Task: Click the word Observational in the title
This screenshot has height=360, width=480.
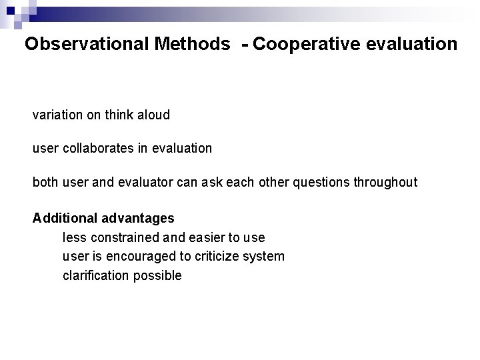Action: tap(87, 45)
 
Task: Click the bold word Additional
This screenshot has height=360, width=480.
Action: tap(66, 218)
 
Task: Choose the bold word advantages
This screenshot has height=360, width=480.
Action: tap(139, 218)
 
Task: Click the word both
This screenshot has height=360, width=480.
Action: tap(45, 183)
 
